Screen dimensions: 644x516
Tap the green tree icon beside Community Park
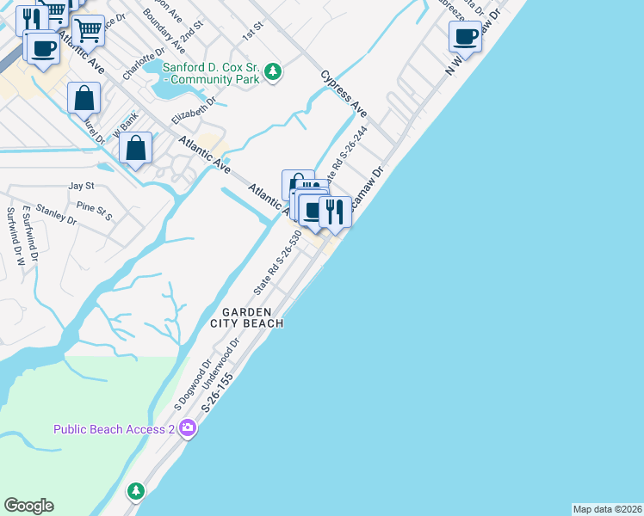[x=273, y=71]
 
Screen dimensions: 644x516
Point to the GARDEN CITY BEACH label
[x=247, y=317]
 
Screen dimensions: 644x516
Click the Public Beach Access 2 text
[x=114, y=428]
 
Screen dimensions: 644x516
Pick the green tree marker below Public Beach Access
[x=135, y=491]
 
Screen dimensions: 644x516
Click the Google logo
[x=28, y=506]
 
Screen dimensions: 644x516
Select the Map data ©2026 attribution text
[x=608, y=509]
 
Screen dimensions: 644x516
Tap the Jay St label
[x=81, y=185]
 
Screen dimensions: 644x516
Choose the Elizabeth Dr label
[x=193, y=109]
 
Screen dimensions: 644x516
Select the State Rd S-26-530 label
[x=278, y=260]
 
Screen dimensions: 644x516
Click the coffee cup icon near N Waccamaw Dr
[x=465, y=37]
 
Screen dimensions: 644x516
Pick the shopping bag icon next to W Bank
[x=136, y=148]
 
